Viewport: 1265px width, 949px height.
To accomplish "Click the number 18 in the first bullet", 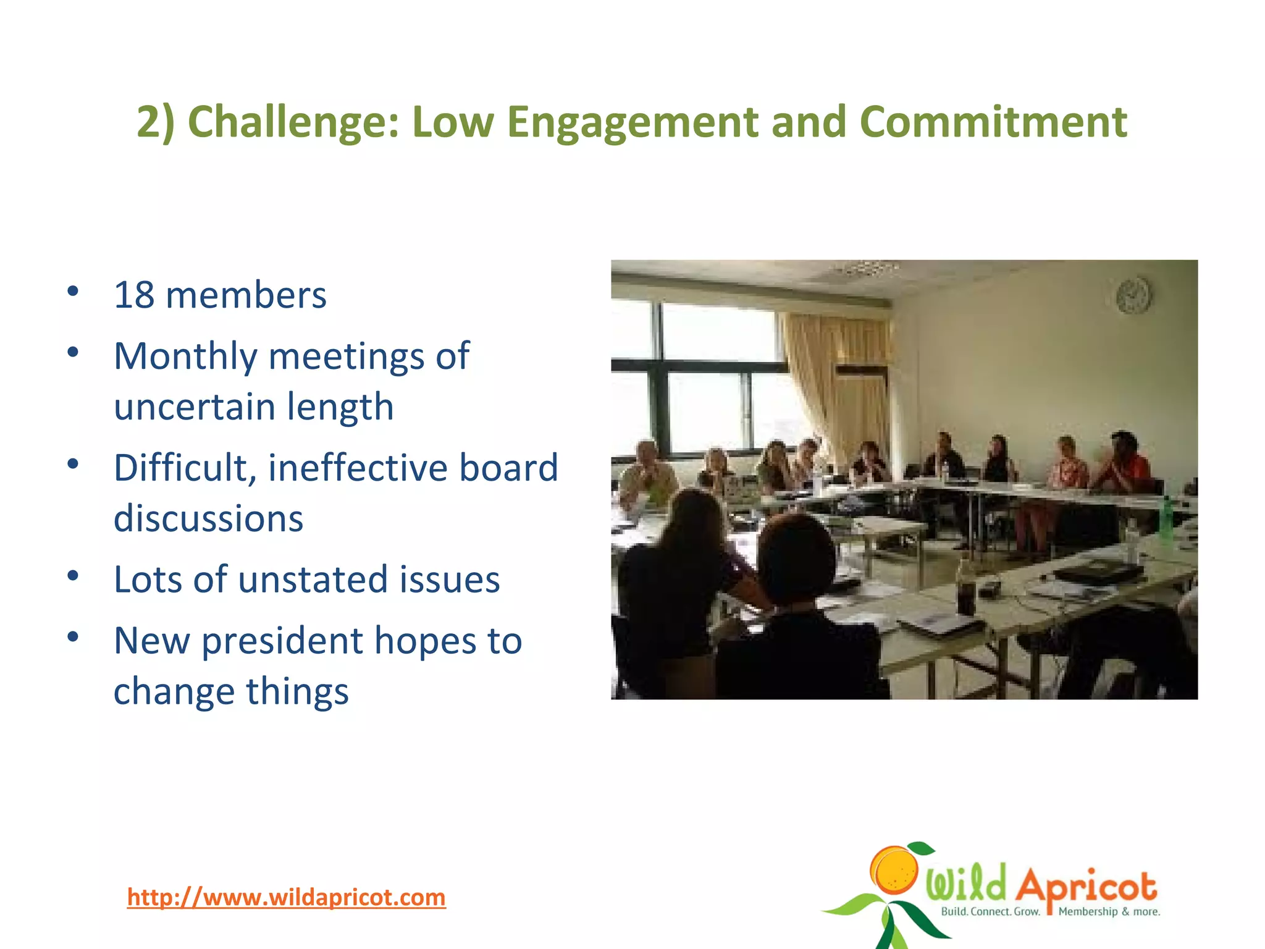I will tap(134, 295).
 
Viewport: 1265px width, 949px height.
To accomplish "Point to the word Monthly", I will tap(185, 357).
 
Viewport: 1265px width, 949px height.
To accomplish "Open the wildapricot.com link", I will tap(286, 897).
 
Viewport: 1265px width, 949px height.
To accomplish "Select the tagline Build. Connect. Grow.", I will tap(990, 911).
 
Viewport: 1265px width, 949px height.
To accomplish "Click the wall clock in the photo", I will tap(1133, 295).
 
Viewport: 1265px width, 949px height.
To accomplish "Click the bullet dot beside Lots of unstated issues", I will tap(73, 576).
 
